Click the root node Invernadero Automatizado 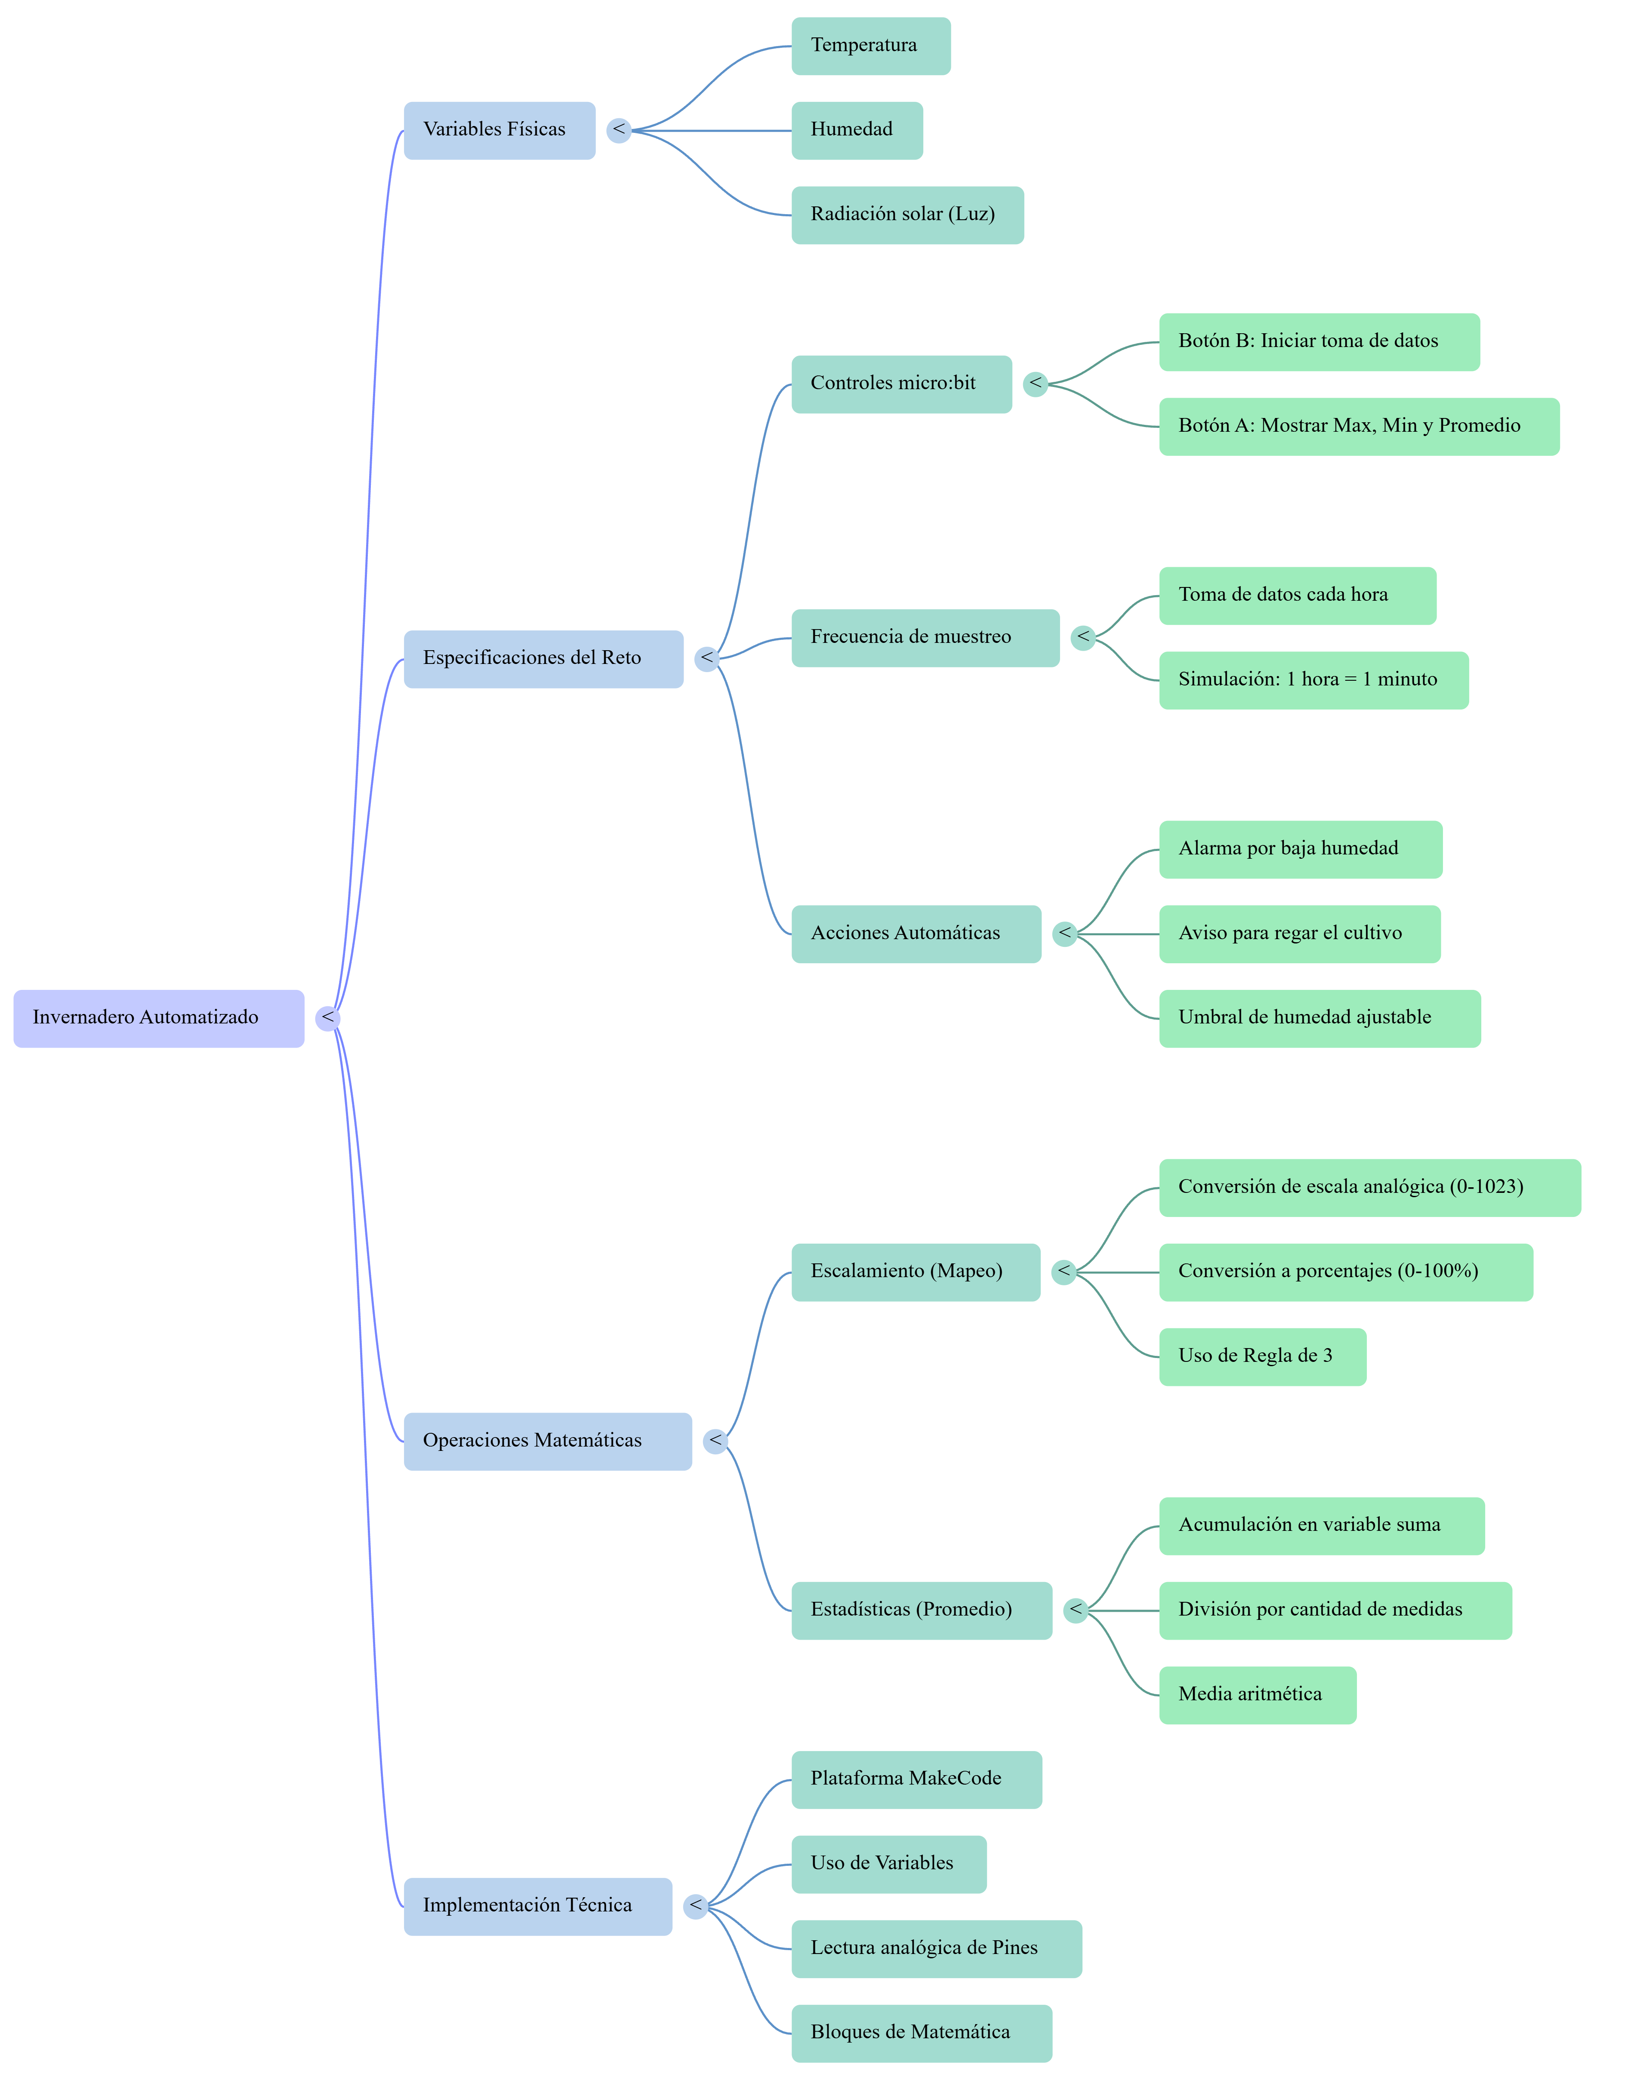tap(158, 1019)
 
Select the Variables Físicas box tap(499, 131)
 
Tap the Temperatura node tap(871, 46)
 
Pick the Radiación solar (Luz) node tap(907, 215)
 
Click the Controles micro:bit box tap(901, 384)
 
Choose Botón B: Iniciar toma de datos tap(1319, 342)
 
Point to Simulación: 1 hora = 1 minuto tap(1313, 681)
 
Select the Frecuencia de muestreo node tap(925, 638)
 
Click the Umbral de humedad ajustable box tap(1320, 1019)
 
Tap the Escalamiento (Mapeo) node tap(916, 1272)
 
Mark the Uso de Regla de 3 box tap(1262, 1356)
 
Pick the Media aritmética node tap(1258, 1695)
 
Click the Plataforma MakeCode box tap(917, 1779)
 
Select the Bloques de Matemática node tap(922, 2033)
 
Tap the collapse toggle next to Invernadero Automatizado tap(327, 1019)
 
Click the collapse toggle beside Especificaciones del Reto tap(706, 659)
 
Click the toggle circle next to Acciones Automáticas tap(1065, 934)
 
